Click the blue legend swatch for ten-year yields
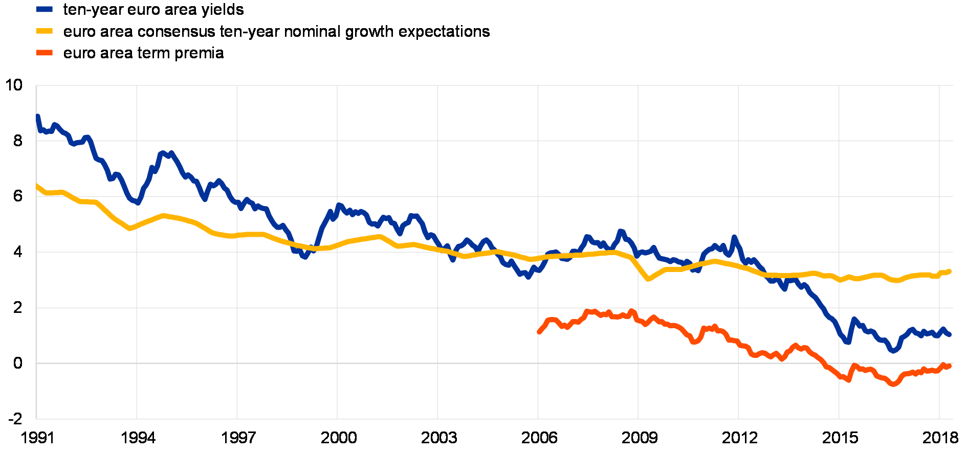click(45, 9)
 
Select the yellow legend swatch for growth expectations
click(45, 31)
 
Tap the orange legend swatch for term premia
click(45, 53)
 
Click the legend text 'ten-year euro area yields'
click(153, 10)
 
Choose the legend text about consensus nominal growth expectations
click(277, 32)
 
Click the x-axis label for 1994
click(137, 437)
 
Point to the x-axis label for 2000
click(338, 437)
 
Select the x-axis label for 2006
click(538, 437)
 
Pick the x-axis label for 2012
click(739, 437)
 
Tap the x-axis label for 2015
click(839, 437)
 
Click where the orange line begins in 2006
click(539, 332)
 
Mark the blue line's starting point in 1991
click(37, 116)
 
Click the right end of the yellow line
click(950, 270)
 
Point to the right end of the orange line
click(950, 366)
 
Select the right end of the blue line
click(950, 334)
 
